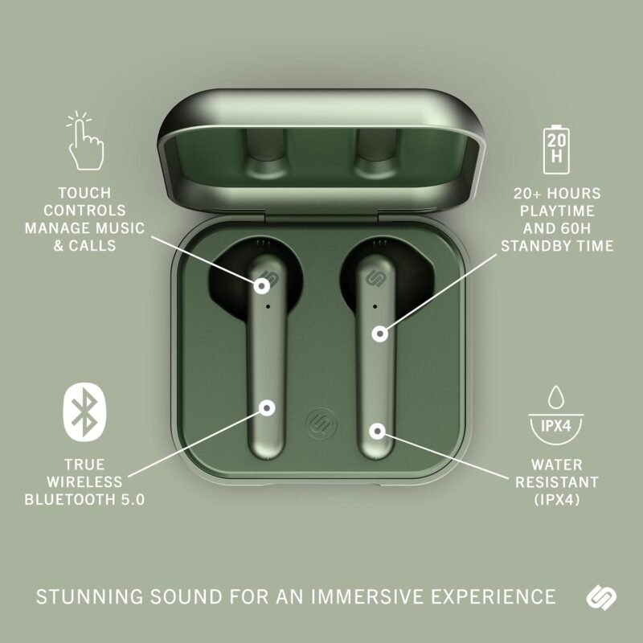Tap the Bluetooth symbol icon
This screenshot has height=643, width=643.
(84, 412)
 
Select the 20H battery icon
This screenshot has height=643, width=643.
(556, 149)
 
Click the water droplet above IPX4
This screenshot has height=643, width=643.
(555, 397)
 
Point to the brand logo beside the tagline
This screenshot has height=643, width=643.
(601, 596)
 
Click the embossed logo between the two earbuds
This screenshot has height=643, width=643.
(321, 424)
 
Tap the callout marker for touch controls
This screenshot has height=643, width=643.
(262, 286)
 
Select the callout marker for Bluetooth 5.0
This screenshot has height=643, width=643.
(267, 408)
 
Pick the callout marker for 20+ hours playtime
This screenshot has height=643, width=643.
(380, 334)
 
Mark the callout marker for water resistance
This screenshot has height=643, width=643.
(377, 431)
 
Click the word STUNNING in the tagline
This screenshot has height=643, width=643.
(89, 596)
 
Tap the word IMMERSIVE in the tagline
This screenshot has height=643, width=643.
(367, 596)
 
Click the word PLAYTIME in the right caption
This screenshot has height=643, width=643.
(557, 211)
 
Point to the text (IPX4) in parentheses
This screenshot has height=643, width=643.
(556, 499)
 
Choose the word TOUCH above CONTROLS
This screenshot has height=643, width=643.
(84, 193)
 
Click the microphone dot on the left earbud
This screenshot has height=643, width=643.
(268, 306)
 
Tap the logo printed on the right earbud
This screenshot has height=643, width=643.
(374, 278)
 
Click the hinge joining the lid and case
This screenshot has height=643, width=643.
(321, 217)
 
